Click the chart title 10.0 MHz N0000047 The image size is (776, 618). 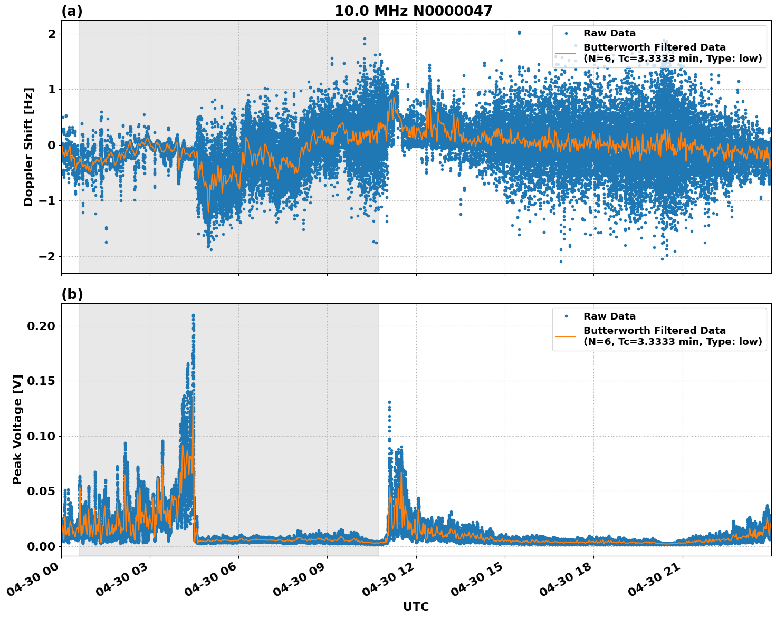(413, 11)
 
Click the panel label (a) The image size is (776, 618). (72, 11)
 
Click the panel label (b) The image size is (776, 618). (72, 294)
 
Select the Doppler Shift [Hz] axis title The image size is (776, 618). (28, 147)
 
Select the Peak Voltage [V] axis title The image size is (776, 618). (17, 429)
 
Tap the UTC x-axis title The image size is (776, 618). (416, 606)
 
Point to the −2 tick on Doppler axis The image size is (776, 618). (49, 256)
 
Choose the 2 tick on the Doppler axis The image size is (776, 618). (52, 34)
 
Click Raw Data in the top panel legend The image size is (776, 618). (609, 33)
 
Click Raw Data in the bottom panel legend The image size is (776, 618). (609, 316)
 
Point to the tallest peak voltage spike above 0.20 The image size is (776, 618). (193, 315)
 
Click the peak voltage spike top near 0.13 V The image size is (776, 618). (389, 402)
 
